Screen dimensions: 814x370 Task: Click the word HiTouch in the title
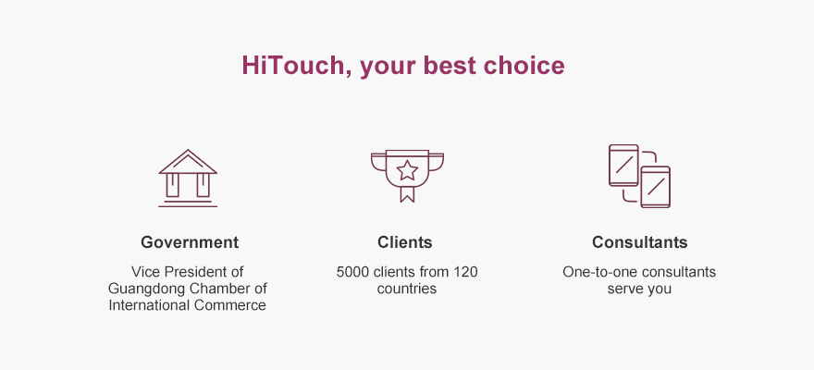pos(294,66)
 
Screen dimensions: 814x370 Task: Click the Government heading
pos(190,242)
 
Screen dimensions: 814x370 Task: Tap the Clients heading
pos(405,242)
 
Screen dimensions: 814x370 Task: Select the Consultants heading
pos(639,242)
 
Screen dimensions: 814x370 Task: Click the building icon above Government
pos(188,178)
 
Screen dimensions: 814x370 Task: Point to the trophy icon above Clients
pos(408,176)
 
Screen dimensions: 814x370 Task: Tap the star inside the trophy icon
pos(408,170)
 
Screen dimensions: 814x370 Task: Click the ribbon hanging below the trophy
pos(408,194)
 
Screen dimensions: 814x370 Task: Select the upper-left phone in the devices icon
pos(623,165)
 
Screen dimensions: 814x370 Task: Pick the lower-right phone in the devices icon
pos(655,187)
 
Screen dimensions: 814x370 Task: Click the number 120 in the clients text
pos(465,272)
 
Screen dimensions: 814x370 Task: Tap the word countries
pos(407,289)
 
